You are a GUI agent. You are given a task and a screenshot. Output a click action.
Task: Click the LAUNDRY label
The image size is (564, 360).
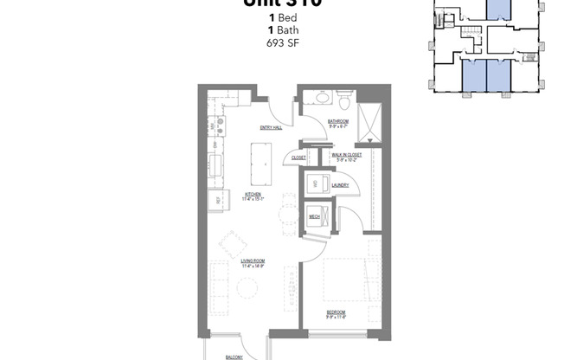339,184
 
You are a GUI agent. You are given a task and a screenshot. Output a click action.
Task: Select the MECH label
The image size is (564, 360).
315,216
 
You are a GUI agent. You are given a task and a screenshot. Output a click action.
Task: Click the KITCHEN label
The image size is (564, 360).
253,195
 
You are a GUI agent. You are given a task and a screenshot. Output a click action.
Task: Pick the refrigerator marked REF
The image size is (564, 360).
214,201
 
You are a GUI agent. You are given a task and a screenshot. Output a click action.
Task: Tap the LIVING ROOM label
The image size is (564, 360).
253,261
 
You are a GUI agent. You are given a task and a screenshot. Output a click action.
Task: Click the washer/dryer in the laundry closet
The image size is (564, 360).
316,183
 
